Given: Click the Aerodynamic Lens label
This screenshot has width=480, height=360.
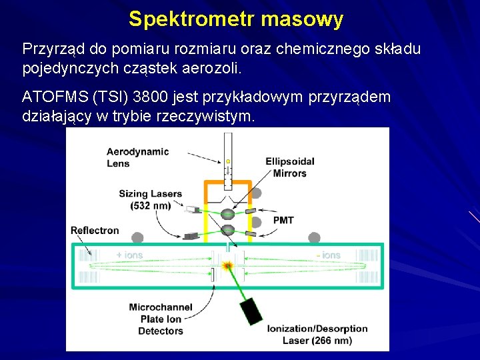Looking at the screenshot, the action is pyautogui.click(x=137, y=157).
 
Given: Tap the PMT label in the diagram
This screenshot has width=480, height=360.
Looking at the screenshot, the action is pyautogui.click(x=283, y=220).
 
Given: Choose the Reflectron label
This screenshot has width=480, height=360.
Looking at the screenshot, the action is pyautogui.click(x=95, y=231).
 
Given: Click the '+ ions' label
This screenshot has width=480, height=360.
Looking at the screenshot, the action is pyautogui.click(x=129, y=255).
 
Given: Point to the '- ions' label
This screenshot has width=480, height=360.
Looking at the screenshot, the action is pyautogui.click(x=328, y=255).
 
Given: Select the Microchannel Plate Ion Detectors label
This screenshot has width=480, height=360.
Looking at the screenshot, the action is pyautogui.click(x=161, y=319).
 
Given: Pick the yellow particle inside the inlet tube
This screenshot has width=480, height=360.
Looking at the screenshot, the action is pyautogui.click(x=228, y=161).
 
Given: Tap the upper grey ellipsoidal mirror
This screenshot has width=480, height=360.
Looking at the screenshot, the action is pyautogui.click(x=228, y=214).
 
